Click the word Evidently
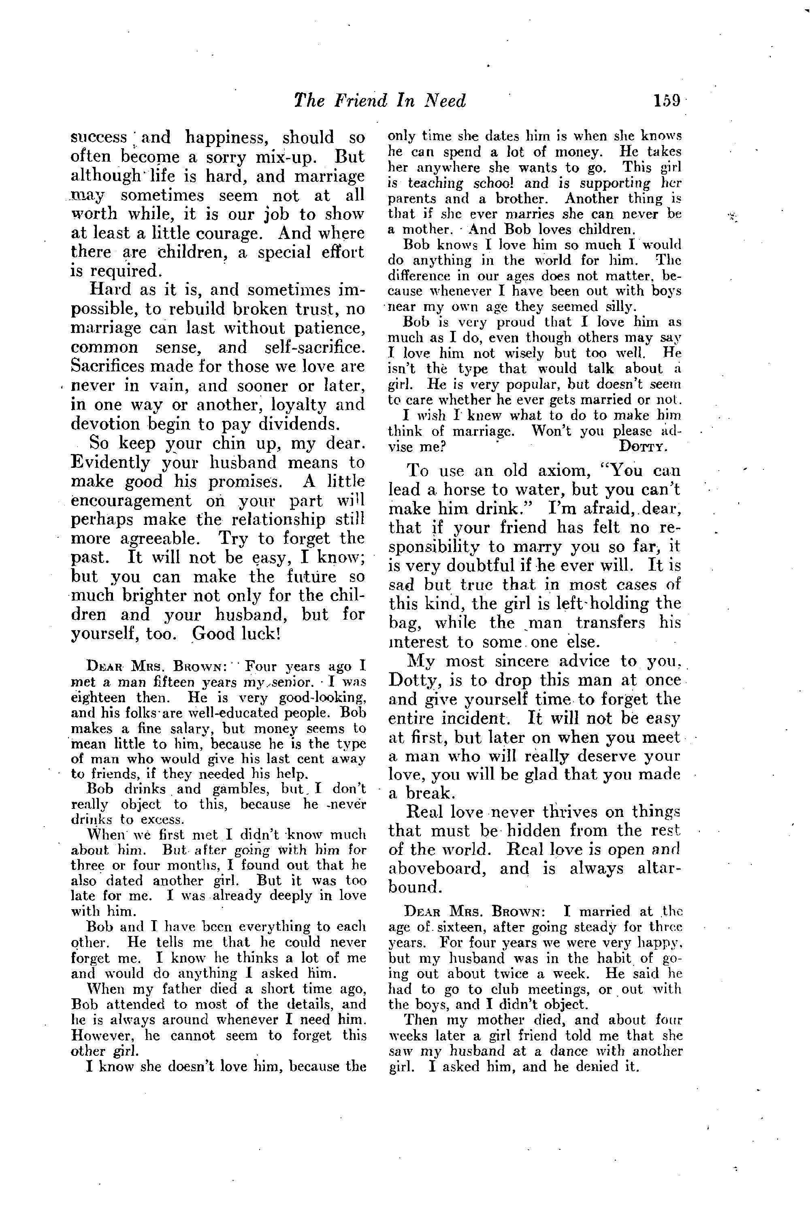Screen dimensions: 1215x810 (x=111, y=463)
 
